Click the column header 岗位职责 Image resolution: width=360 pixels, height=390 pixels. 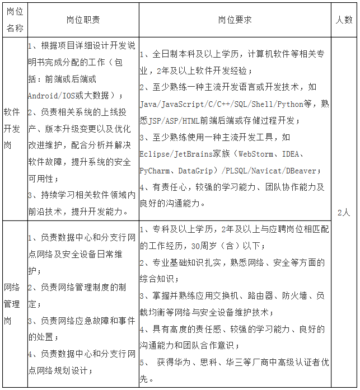tap(83, 20)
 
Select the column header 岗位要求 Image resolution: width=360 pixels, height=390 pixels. tap(235, 20)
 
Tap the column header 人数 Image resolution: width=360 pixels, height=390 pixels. tap(344, 20)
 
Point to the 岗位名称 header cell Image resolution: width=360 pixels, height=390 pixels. tap(15, 20)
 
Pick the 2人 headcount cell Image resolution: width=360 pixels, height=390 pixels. tap(344, 213)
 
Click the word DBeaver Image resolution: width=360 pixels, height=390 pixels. tap(300, 171)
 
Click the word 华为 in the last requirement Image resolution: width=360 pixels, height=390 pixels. tap(192, 362)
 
